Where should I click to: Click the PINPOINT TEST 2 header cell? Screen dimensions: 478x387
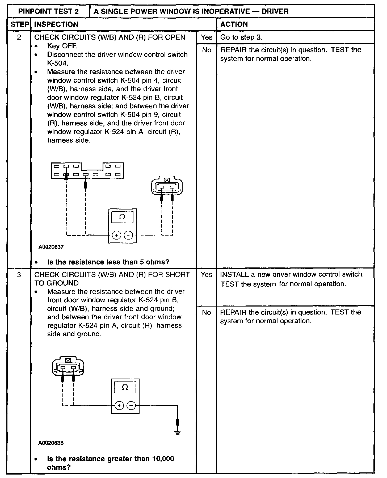pos(48,11)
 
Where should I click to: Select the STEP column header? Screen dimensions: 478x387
pos(19,24)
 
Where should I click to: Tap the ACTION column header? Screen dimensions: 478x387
pos(234,24)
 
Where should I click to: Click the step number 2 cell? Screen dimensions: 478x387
pos(19,37)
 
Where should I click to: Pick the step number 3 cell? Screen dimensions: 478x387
pos(19,274)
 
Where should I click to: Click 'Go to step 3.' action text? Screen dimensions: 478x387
pos(241,37)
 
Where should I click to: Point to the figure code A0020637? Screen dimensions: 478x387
pos(51,247)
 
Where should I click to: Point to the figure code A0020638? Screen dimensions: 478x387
pos(51,443)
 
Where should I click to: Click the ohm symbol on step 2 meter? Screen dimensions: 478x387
pos(122,217)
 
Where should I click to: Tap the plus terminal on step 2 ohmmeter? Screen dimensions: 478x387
pos(116,235)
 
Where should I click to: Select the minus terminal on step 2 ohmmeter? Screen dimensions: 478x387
pos(128,235)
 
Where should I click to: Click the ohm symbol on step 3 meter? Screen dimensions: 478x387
pos(125,387)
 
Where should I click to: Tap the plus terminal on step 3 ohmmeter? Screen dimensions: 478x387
pos(119,406)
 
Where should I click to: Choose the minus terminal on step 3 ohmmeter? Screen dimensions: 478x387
pos(131,406)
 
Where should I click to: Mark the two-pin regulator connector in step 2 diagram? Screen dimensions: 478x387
pos(167,186)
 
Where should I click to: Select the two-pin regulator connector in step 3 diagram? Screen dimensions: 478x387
pos(68,366)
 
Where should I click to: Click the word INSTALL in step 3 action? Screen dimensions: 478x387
pos(232,274)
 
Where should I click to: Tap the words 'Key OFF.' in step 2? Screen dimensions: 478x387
pos(62,46)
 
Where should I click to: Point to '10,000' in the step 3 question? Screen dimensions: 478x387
pos(163,459)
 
